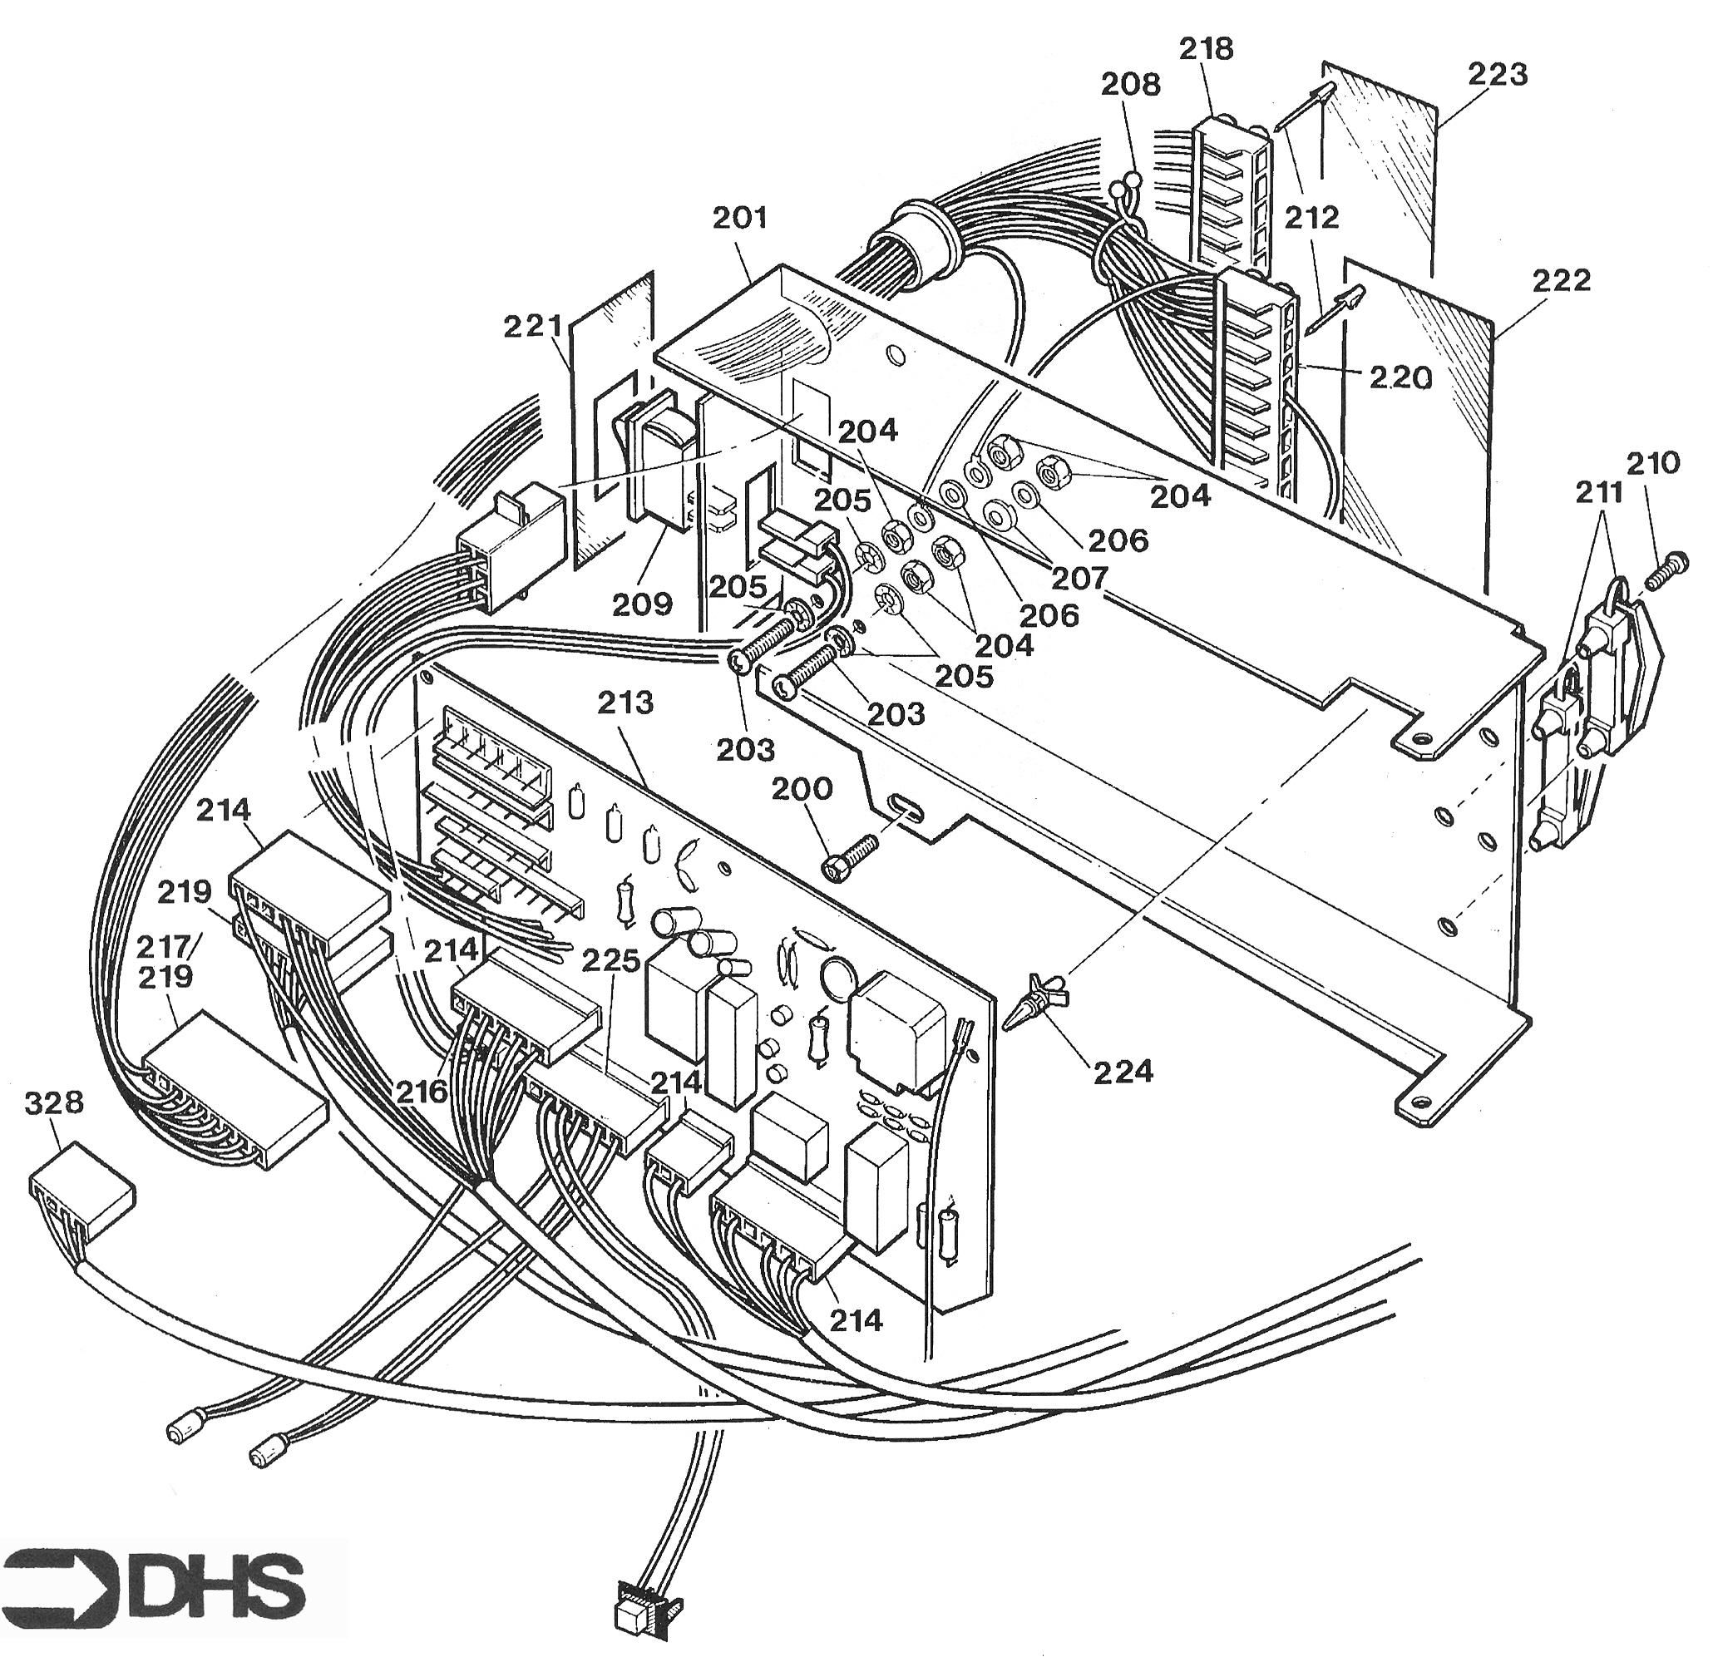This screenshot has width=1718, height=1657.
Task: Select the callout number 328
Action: [54, 1102]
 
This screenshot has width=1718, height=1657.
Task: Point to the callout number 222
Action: [1562, 280]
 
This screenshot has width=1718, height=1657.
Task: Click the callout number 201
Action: [740, 217]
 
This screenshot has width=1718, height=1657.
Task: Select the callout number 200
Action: [802, 789]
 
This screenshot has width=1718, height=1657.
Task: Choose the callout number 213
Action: [626, 702]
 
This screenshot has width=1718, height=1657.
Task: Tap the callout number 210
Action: [1654, 461]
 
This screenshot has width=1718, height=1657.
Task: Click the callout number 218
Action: [1206, 48]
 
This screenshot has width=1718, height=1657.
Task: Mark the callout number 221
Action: [533, 327]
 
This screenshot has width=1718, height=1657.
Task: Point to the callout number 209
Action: [643, 604]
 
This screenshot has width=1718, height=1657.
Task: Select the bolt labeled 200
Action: [848, 856]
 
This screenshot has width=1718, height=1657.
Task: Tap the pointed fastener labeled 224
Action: [1038, 1002]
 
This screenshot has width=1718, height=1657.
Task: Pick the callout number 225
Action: [612, 960]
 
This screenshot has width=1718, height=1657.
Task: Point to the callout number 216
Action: [421, 1092]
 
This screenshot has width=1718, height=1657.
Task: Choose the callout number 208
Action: [1131, 85]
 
